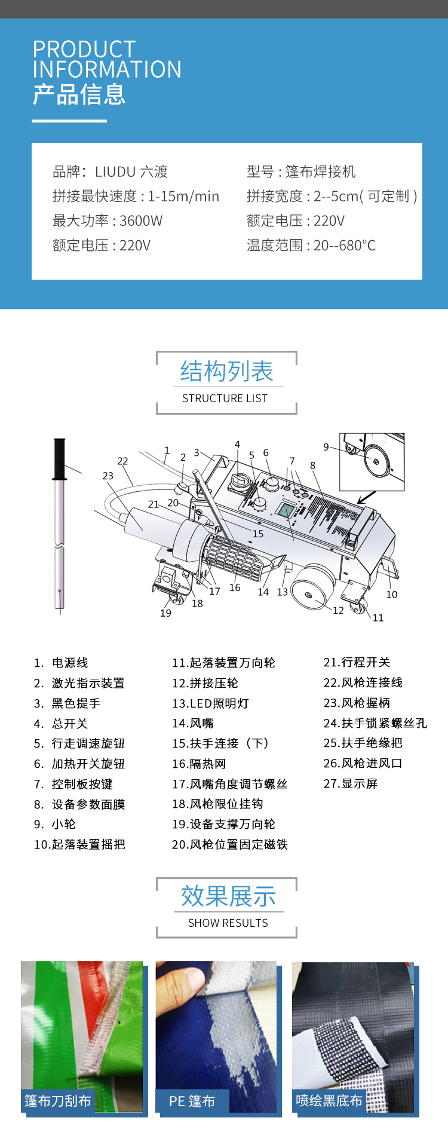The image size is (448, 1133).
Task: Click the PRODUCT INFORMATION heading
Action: click(x=106, y=59)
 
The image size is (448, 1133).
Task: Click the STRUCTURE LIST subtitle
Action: click(x=225, y=399)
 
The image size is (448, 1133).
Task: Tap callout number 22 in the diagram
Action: click(x=122, y=461)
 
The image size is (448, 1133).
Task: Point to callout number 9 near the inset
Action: click(x=326, y=447)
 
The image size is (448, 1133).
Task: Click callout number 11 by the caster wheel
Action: click(x=378, y=618)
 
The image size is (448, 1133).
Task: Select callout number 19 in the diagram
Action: click(x=165, y=613)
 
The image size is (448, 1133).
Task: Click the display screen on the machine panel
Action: click(x=286, y=510)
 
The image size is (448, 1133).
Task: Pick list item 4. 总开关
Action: click(x=61, y=724)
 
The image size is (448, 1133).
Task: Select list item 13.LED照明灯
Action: click(x=210, y=703)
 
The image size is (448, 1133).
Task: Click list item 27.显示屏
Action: click(x=351, y=783)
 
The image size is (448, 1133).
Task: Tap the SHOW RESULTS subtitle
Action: click(x=228, y=923)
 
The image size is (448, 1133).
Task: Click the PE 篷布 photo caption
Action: click(x=192, y=1101)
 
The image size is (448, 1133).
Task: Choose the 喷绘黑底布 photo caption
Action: click(x=329, y=1100)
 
